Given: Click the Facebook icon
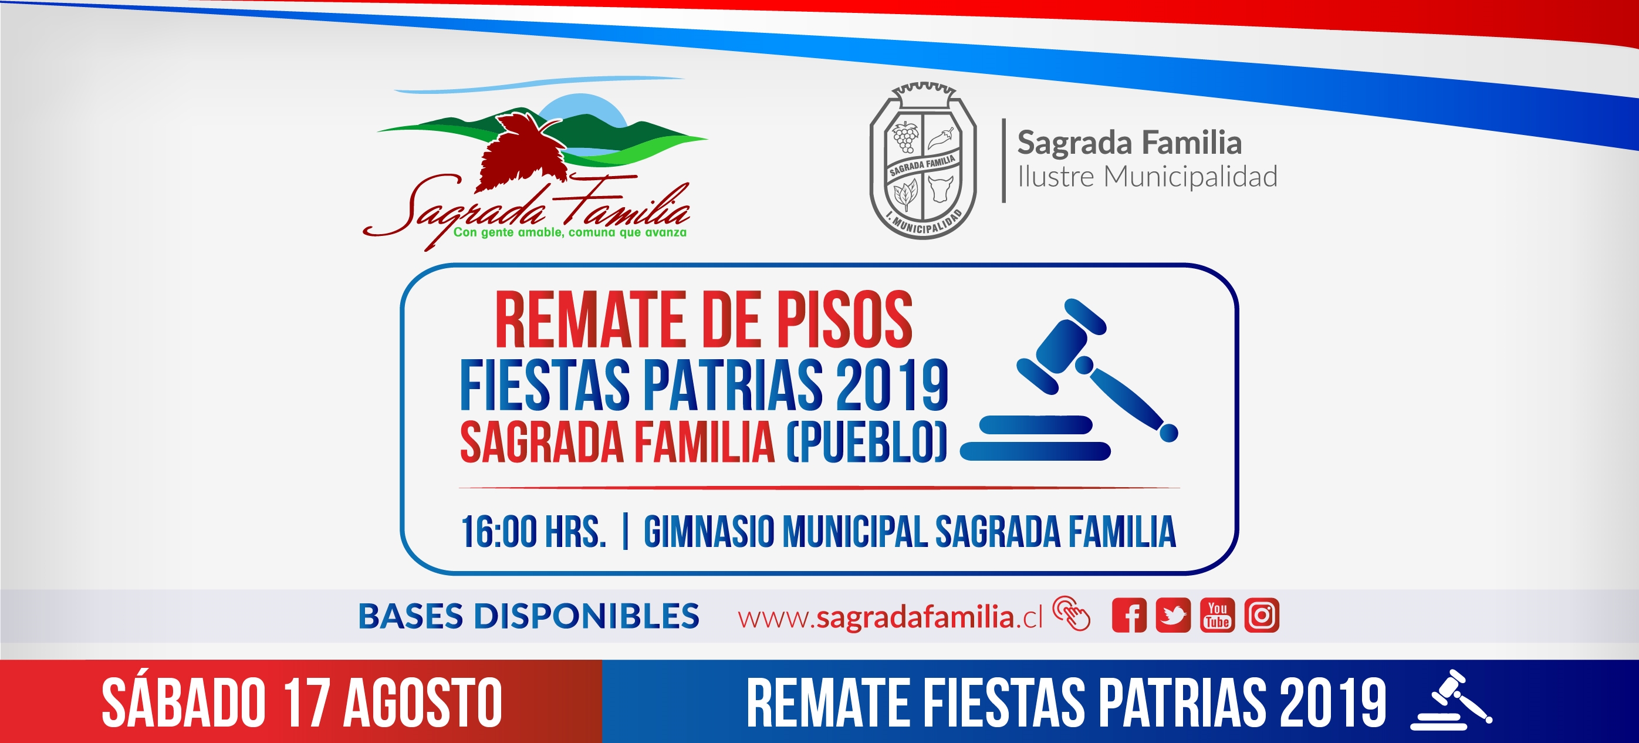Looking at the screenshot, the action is coord(1130,615).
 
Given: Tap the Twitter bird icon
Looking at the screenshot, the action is coord(1173,615).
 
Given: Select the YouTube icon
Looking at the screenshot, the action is coord(1217,615).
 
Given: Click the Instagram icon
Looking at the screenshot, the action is coord(1262,615).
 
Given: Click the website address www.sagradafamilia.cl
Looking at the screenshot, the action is coord(890,617).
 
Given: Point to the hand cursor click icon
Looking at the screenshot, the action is coord(1072,613).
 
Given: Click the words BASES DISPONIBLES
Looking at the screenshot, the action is coord(529,616).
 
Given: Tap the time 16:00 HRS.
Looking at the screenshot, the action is coord(533,532).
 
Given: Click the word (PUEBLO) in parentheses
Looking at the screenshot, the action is coord(867,442).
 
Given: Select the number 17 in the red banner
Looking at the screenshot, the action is coord(307,703).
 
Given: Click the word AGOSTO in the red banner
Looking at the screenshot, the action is coord(423,703).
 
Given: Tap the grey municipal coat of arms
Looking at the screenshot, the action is coord(923,161).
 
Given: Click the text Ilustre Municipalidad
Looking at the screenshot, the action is coord(1148,177).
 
